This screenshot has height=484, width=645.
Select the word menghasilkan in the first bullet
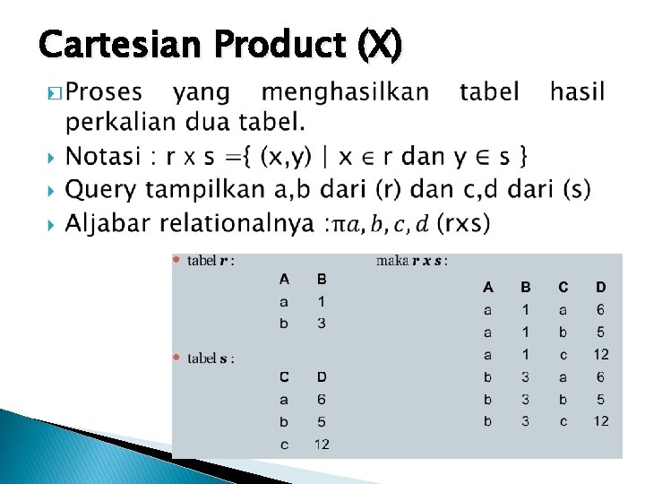coord(345,91)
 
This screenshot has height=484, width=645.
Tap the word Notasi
coord(104,157)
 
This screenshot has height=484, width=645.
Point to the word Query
coord(103,190)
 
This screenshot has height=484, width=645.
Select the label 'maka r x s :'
coord(411,261)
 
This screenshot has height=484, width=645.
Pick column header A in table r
coord(284,279)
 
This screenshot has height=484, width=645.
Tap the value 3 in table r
coord(321,323)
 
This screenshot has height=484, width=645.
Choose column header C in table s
coord(284,377)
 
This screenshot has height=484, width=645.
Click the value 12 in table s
coord(321,444)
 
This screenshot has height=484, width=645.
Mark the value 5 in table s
coord(321,421)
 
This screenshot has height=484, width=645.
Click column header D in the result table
coord(600,288)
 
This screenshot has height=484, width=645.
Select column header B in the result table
coord(526,288)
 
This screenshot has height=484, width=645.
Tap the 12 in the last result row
coord(600,421)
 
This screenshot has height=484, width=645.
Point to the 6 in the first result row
coord(600,310)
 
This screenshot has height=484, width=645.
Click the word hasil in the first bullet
coord(577,91)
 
